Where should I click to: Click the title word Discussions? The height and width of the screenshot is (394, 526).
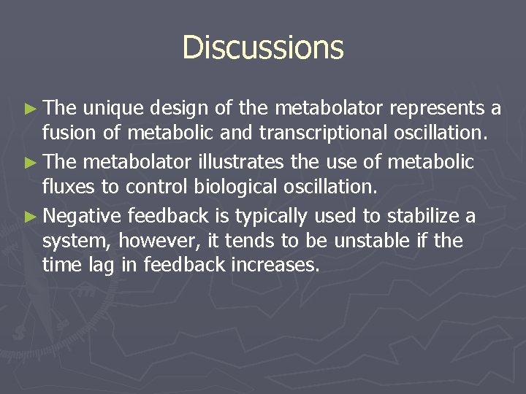[x=263, y=47]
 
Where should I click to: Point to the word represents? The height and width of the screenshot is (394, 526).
[x=437, y=109]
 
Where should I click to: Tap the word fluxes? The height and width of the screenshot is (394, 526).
[x=66, y=188]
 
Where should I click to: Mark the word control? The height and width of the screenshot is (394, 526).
[x=150, y=188]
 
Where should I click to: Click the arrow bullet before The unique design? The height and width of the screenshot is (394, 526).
[x=29, y=109]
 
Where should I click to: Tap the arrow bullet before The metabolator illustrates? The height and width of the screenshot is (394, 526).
[x=29, y=161]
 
